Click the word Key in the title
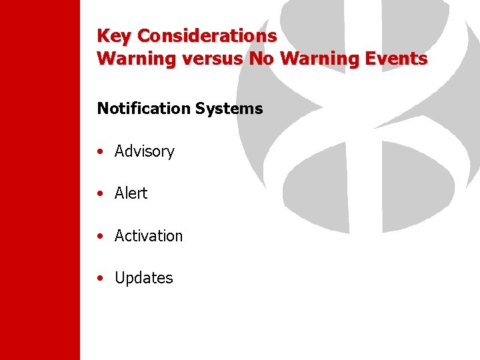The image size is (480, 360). (x=114, y=35)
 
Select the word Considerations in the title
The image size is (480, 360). (x=207, y=35)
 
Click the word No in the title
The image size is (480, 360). (x=262, y=59)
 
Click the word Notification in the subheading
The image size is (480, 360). (x=139, y=108)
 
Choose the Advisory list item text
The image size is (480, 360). (x=144, y=152)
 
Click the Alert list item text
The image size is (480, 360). (x=131, y=193)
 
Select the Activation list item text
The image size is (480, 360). (x=148, y=236)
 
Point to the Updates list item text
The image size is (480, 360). (x=143, y=279)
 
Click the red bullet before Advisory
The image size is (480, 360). (x=99, y=152)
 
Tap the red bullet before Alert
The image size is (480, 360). (x=99, y=194)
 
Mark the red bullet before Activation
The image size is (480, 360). (x=99, y=237)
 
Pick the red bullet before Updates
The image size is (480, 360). (x=99, y=279)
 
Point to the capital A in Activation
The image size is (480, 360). (x=119, y=236)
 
